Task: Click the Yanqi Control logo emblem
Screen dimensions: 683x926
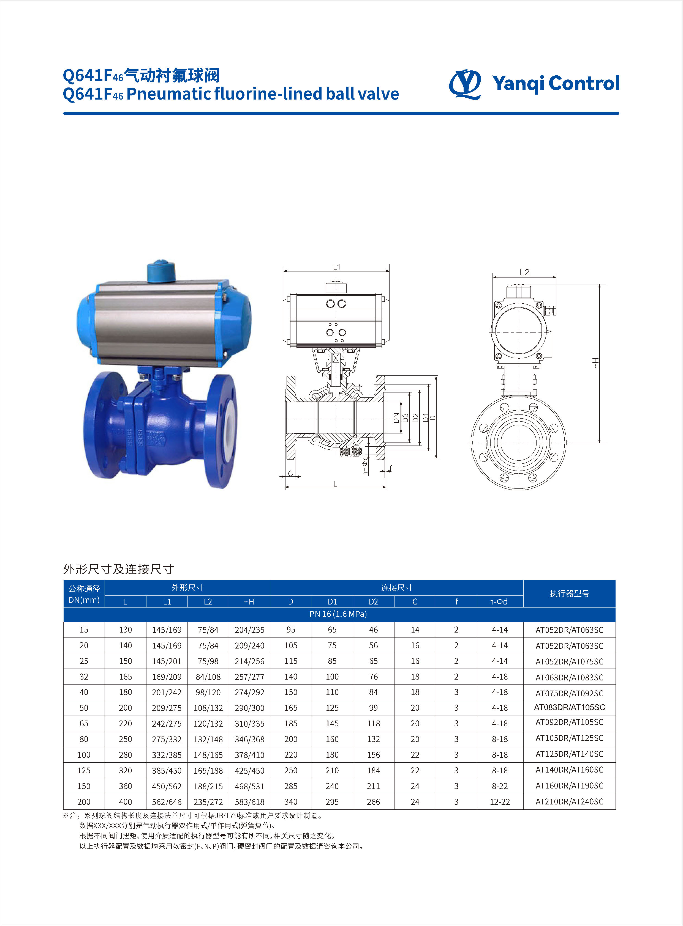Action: coord(465,84)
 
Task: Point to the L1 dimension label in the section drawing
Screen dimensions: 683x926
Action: coord(336,267)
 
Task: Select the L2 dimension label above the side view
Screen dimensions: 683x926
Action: coord(524,272)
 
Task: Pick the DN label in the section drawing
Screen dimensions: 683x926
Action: coord(396,418)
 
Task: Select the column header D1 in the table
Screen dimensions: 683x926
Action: coord(332,602)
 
